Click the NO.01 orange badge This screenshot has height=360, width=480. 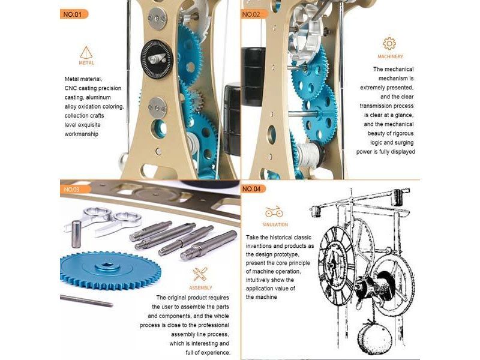74,14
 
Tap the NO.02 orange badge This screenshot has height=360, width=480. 253,14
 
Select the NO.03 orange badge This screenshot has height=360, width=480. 74,189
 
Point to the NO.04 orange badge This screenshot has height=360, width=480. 253,189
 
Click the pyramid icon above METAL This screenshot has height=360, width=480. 86,52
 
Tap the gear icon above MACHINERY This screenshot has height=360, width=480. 389,43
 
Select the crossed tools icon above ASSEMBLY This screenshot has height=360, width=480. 200,274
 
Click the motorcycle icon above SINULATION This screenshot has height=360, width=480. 274,212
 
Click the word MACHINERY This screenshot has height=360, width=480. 391,56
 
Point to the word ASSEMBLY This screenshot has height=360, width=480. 200,288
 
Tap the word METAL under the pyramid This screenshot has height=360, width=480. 86,63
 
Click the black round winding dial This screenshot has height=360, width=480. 157,58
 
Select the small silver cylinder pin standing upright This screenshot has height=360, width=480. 77,234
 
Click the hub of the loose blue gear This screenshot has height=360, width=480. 107,267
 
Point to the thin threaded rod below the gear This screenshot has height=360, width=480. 86,301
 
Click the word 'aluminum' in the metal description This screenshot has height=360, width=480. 98,97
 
